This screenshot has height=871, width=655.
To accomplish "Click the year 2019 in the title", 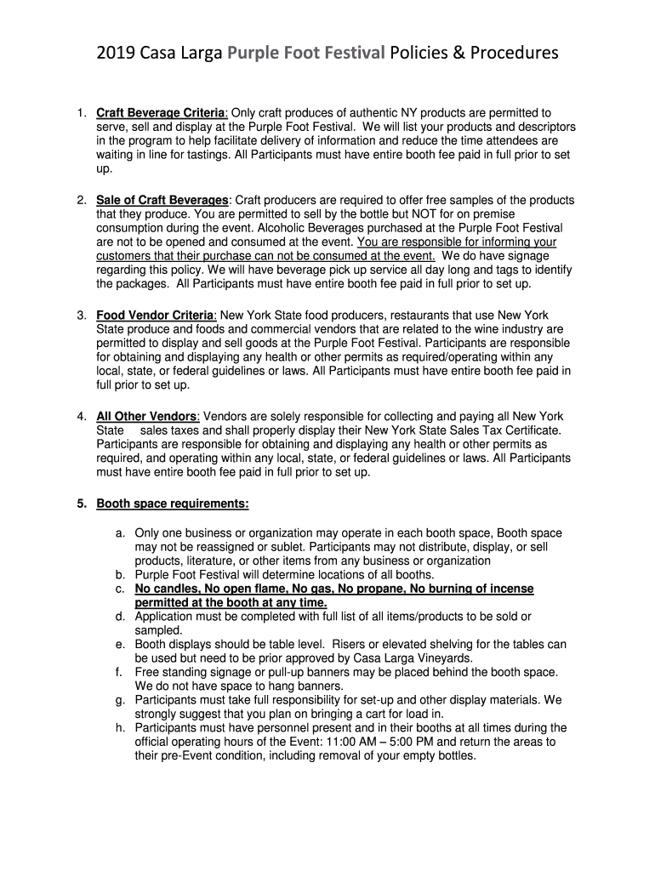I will point(115,54).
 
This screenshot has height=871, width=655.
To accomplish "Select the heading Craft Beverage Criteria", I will point(161,113).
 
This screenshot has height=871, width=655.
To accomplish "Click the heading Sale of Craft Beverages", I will point(162,201).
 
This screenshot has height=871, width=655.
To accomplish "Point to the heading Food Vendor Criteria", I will point(156,316).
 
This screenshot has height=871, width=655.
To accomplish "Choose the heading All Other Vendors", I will point(146,417).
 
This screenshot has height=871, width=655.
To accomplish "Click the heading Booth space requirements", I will point(173,504).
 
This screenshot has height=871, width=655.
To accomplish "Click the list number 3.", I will point(80,316).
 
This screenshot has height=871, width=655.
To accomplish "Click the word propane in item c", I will point(378,589).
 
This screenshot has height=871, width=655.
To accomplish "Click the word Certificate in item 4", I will point(529,430).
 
